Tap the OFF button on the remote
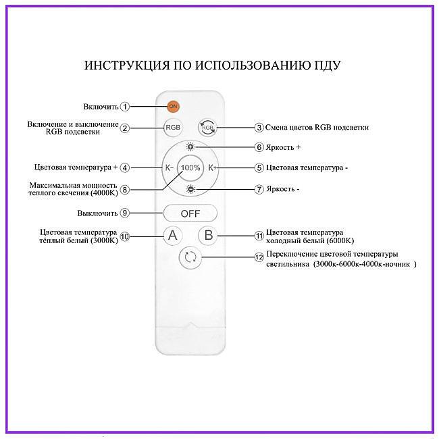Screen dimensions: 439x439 click(x=190, y=213)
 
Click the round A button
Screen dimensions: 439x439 click(x=173, y=235)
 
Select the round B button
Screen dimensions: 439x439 click(x=208, y=235)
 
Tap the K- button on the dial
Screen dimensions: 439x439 click(x=170, y=167)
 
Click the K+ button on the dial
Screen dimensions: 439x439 click(x=212, y=167)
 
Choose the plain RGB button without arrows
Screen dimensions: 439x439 click(x=173, y=128)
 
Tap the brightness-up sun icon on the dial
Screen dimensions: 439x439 click(x=190, y=147)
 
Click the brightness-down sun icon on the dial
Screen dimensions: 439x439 click(x=190, y=189)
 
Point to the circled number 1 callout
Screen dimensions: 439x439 click(x=125, y=107)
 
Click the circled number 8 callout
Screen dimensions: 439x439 click(x=125, y=190)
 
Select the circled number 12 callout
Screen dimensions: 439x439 click(x=259, y=257)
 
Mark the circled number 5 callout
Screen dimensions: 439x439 click(x=259, y=167)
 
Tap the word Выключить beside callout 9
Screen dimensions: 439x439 click(x=97, y=213)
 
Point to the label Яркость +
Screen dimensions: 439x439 click(x=283, y=147)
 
